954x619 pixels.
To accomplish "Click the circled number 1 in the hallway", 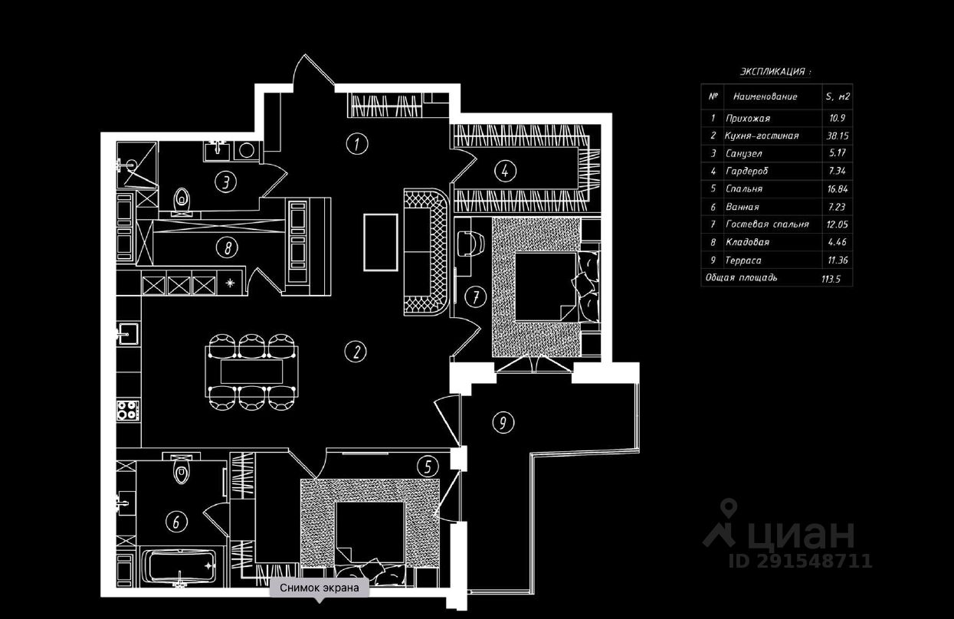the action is [x=357, y=144].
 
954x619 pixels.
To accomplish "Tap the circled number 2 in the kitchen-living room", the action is [x=356, y=352].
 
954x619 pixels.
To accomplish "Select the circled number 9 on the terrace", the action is [x=503, y=423].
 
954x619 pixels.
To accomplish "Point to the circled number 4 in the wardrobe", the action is [x=505, y=171].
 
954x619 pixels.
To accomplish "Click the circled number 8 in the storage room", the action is [x=227, y=247].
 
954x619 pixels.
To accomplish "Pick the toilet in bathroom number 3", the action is [x=182, y=199].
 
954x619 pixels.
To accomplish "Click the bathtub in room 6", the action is [x=178, y=567].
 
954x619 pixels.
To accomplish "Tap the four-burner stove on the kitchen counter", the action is [x=128, y=411].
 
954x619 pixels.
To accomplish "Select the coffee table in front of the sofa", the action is [x=380, y=242].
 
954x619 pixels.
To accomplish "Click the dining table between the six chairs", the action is [x=251, y=372].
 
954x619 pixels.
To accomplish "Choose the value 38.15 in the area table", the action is [x=838, y=136].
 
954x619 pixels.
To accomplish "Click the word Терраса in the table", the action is [x=743, y=260].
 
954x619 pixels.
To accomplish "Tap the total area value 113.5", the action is [x=831, y=279].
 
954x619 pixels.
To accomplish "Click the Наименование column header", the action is [x=765, y=97].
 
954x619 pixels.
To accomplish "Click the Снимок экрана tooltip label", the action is [x=320, y=588].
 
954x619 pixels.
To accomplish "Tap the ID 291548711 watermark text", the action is [x=801, y=561].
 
